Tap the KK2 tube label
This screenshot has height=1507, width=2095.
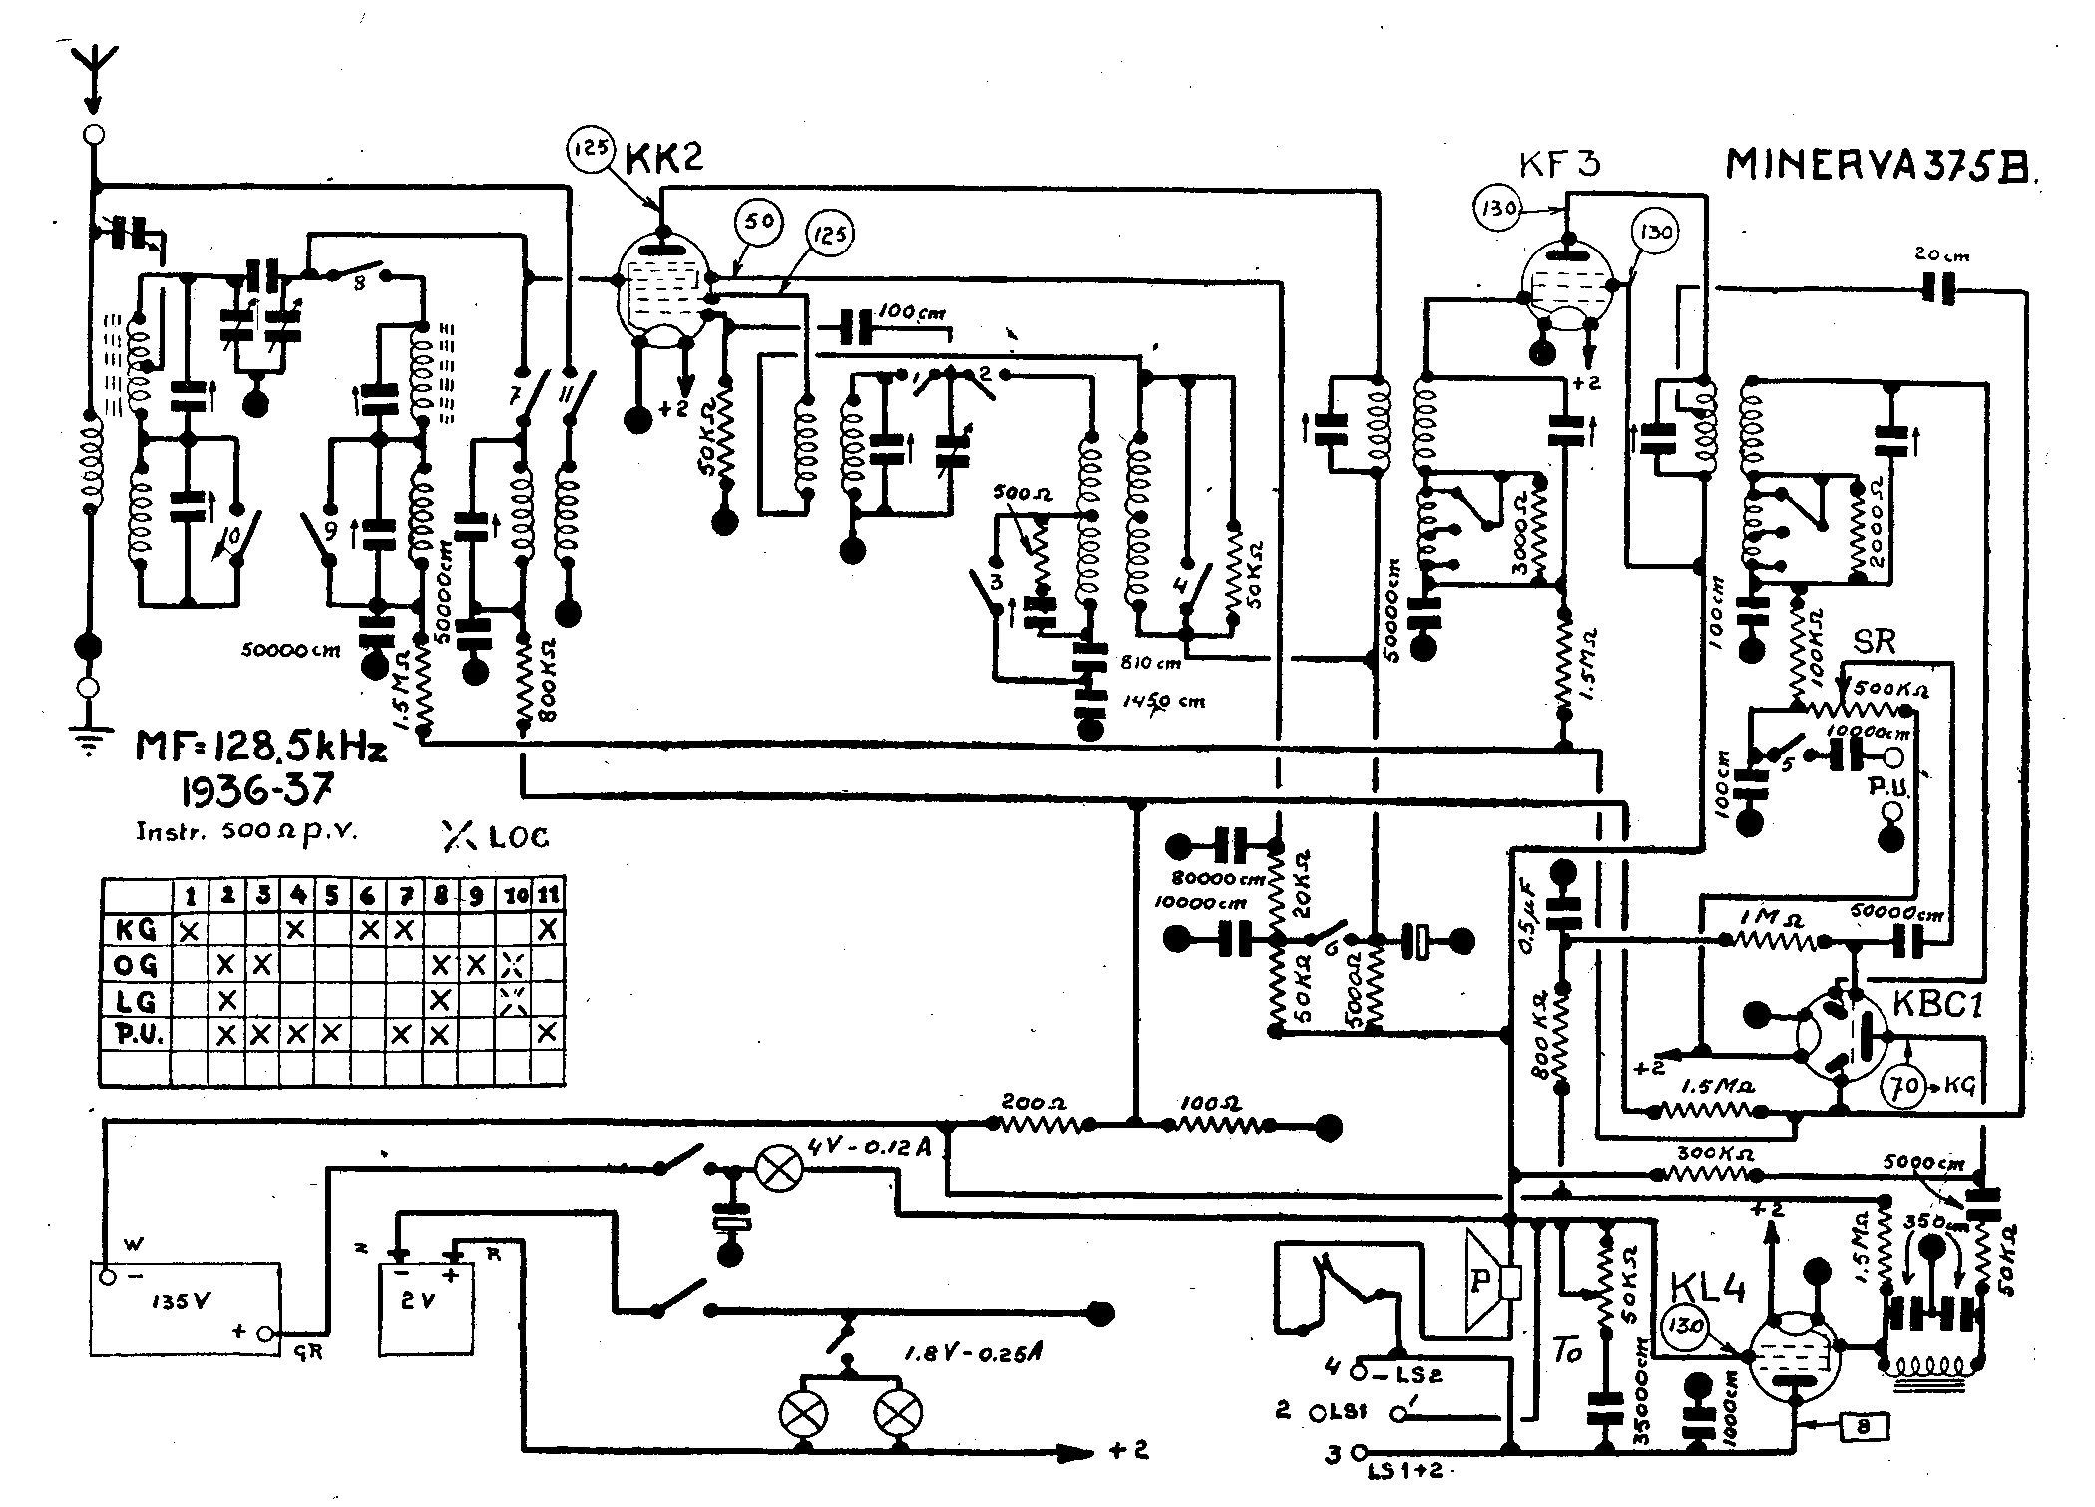tap(664, 159)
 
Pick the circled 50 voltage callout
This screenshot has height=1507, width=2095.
tap(760, 222)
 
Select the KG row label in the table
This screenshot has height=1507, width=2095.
tap(136, 930)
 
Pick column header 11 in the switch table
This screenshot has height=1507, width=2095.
tap(547, 895)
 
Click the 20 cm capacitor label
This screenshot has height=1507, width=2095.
tap(1941, 255)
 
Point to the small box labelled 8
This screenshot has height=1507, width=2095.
tap(1864, 1428)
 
